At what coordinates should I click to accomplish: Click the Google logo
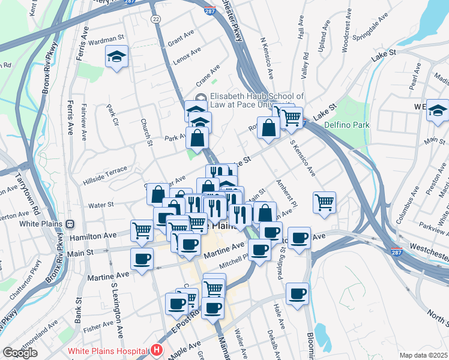20,353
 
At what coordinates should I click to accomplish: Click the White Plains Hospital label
108,351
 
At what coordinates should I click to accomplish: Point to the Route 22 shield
156,19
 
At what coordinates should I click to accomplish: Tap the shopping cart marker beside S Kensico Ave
324,202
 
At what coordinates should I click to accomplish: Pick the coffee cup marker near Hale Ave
297,293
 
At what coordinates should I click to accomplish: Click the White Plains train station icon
70,224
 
